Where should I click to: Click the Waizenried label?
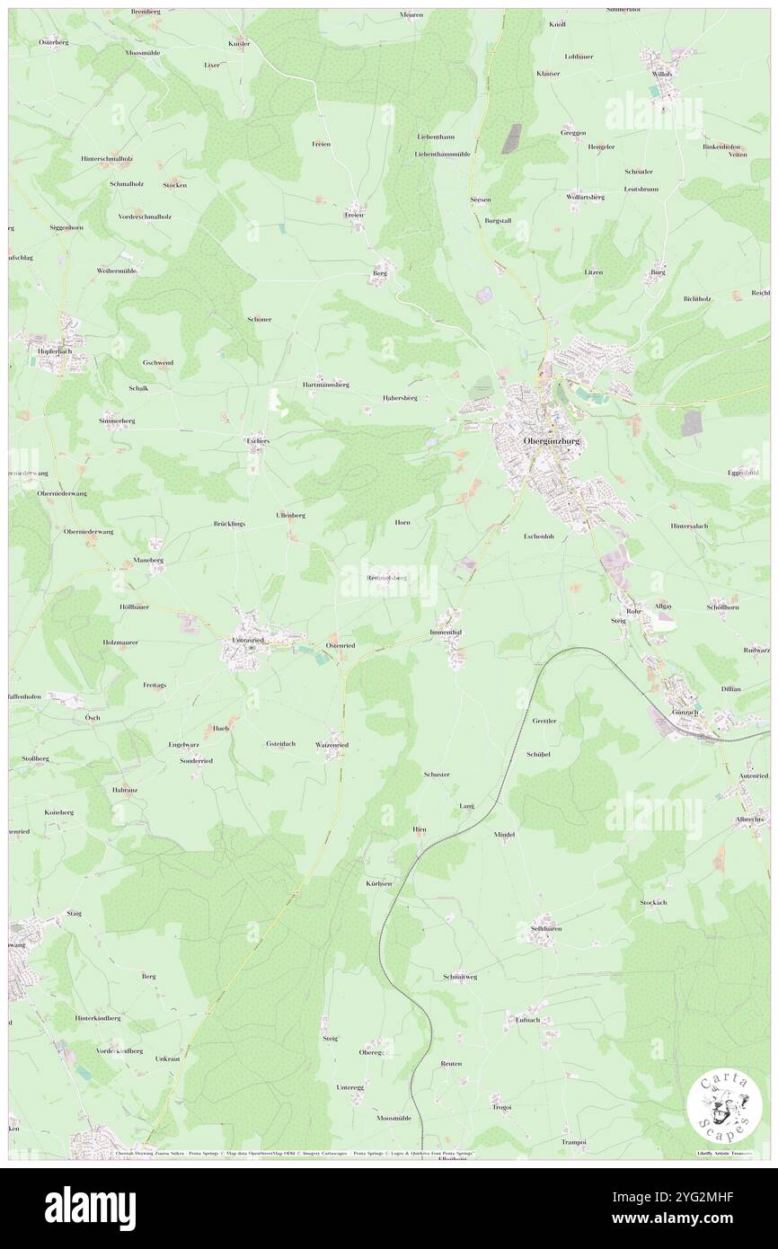click(x=332, y=745)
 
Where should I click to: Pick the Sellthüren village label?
click(x=545, y=928)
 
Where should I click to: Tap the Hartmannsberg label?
click(x=325, y=384)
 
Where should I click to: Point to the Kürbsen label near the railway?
click(x=378, y=884)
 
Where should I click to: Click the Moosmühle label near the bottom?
click(x=394, y=1118)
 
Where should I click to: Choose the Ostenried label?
click(x=342, y=645)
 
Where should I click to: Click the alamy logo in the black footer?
click(x=90, y=1209)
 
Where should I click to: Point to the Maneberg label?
click(x=149, y=560)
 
